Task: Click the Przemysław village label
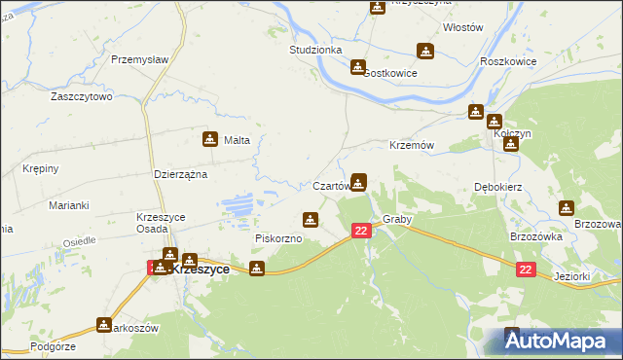pyautogui.click(x=140, y=59)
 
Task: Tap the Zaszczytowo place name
pyautogui.click(x=83, y=97)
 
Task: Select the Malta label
pyautogui.click(x=238, y=140)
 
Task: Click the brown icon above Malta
pyautogui.click(x=209, y=139)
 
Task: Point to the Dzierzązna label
pyautogui.click(x=182, y=174)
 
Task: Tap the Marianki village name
pyautogui.click(x=69, y=205)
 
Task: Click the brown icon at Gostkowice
pyautogui.click(x=358, y=67)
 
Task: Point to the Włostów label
pyautogui.click(x=462, y=28)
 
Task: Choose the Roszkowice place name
pyautogui.click(x=508, y=59)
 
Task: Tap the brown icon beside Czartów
pyautogui.click(x=359, y=181)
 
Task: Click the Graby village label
pyautogui.click(x=397, y=219)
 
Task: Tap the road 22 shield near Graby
pyautogui.click(x=361, y=230)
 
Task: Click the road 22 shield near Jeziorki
pyautogui.click(x=525, y=270)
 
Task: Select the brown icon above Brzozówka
pyautogui.click(x=567, y=207)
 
